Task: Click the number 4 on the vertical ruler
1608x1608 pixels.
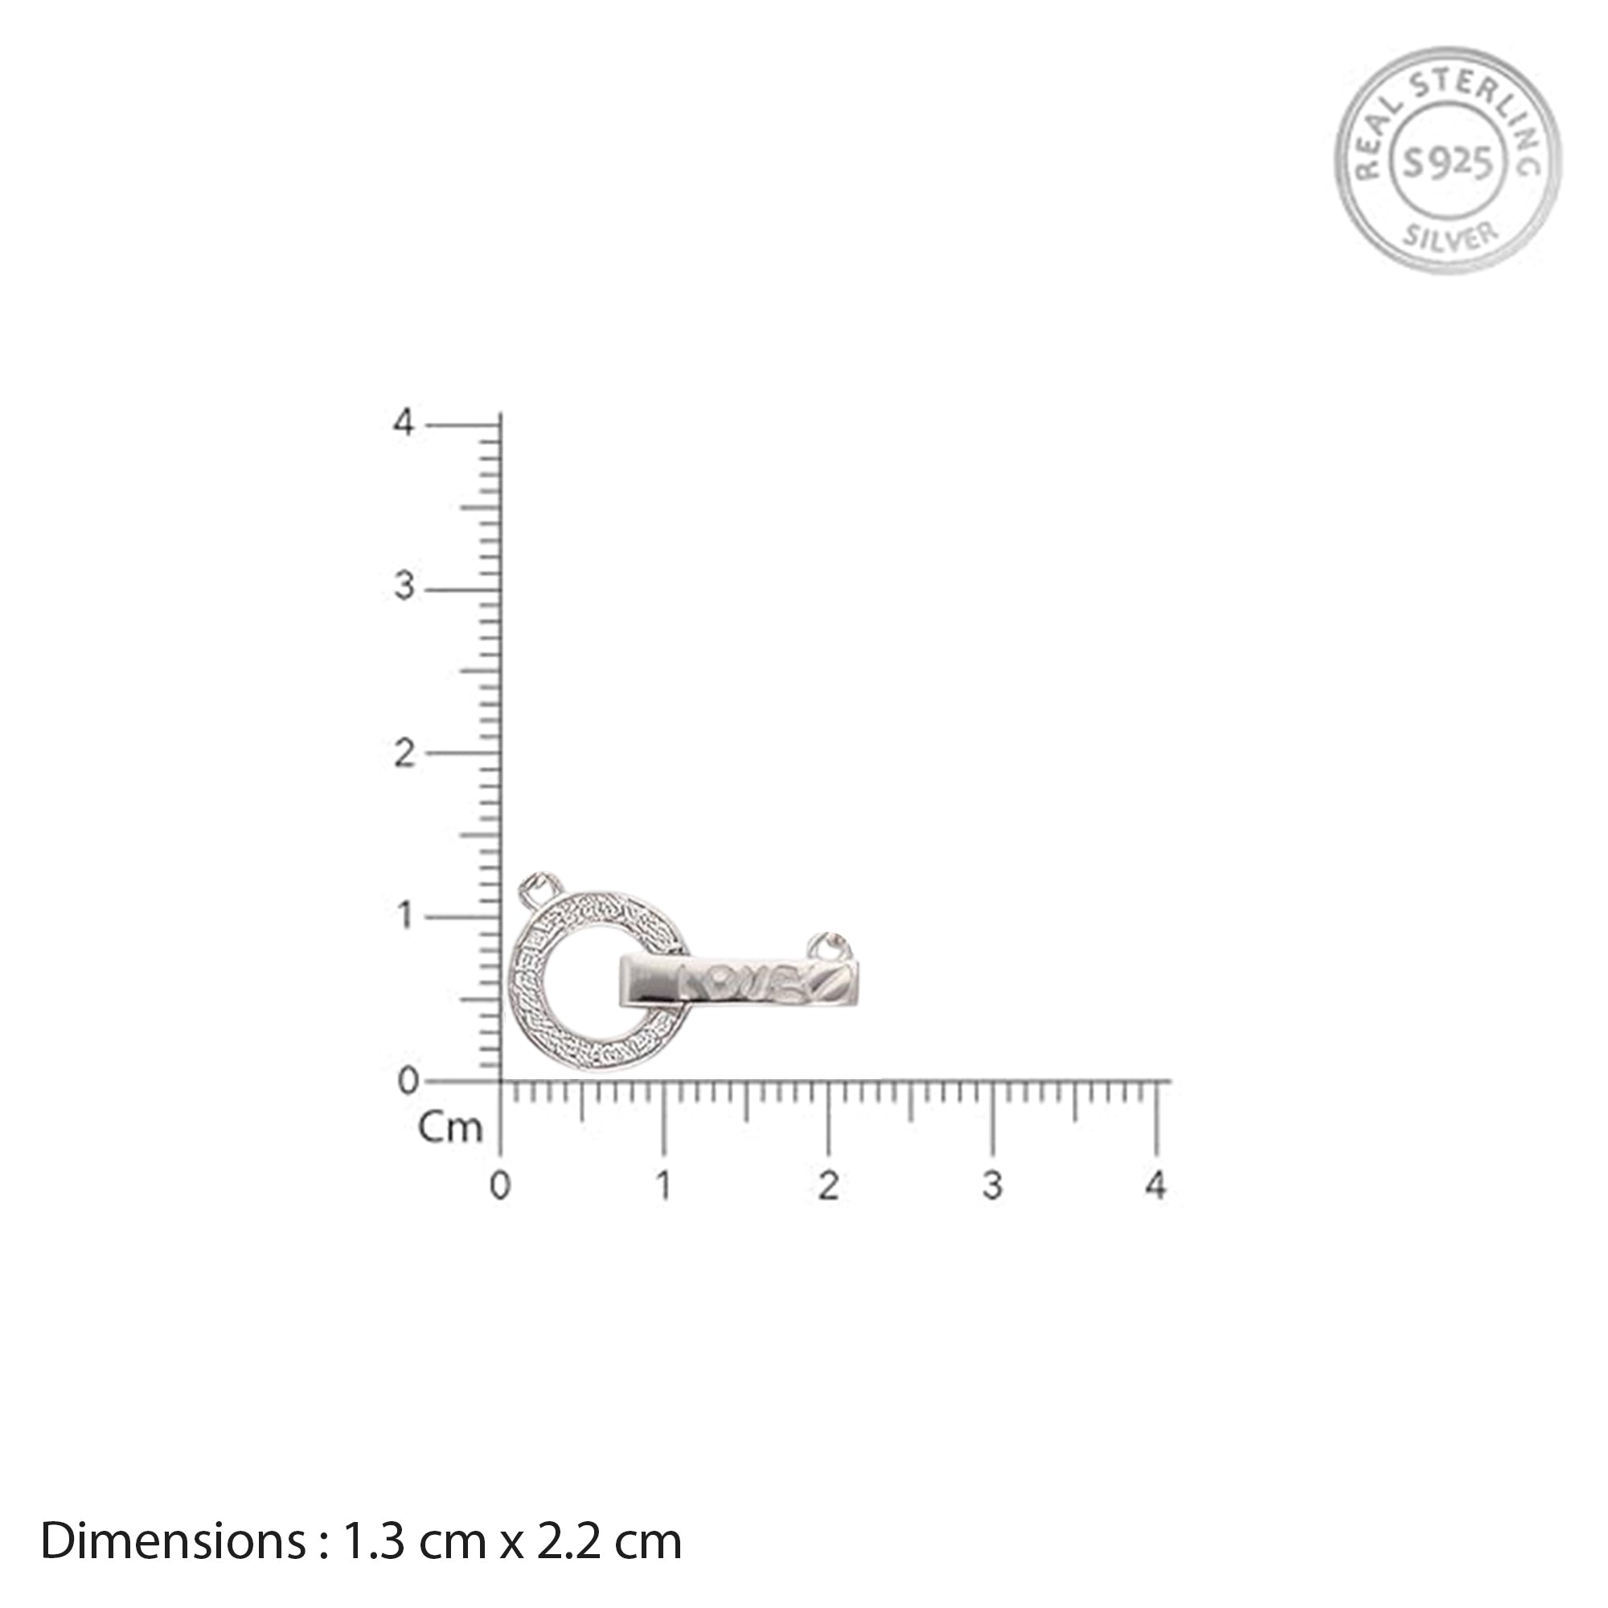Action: click(404, 423)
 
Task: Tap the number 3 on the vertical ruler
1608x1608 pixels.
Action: click(404, 589)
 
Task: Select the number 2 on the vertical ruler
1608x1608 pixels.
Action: click(404, 754)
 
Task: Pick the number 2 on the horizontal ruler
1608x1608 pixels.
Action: click(828, 1186)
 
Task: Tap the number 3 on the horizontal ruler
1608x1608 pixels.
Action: click(992, 1186)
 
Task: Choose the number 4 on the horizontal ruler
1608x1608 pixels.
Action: click(1156, 1186)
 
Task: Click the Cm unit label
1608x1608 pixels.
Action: click(449, 1128)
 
